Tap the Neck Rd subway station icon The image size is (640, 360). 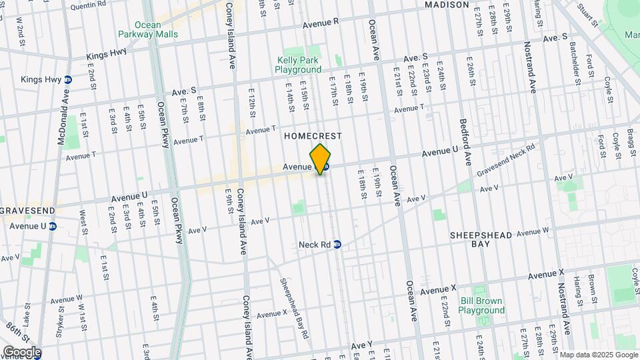coord(337,245)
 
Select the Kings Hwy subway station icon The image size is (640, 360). coord(67,79)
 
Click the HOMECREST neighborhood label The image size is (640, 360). coord(313,136)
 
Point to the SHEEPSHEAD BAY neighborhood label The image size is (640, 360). coord(480,239)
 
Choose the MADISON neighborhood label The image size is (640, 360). coord(447,5)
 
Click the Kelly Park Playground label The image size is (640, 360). coord(299,65)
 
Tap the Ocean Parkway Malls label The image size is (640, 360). coord(139,29)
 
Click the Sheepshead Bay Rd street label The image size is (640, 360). coord(293,308)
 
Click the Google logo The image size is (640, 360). coord(22,352)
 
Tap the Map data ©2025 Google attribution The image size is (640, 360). coord(599,355)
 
